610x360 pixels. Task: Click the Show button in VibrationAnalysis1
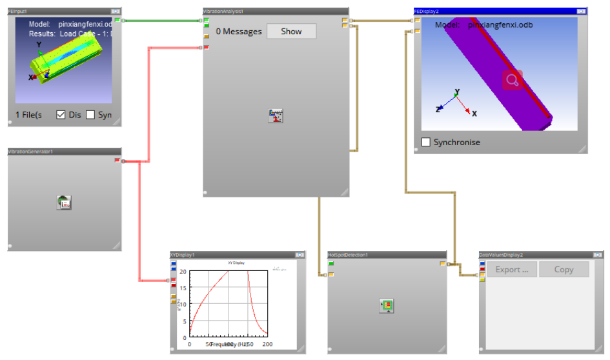pos(291,31)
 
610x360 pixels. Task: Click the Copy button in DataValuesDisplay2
pos(564,270)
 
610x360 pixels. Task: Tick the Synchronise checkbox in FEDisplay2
pos(426,142)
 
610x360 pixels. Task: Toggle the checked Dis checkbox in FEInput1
pos(61,115)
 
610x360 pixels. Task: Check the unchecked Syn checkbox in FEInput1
pos(90,115)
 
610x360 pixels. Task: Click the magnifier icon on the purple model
pos(512,80)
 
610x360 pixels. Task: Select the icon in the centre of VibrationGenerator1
pos(65,203)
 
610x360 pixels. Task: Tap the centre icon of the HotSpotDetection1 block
pos(387,305)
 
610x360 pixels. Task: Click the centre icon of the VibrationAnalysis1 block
pos(276,115)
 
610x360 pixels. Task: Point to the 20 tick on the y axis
pos(183,272)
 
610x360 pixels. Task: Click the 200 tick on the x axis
pos(267,345)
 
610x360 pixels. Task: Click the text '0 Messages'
pos(239,31)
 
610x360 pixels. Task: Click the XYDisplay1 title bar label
pos(182,255)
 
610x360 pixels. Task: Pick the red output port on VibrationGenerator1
pos(117,160)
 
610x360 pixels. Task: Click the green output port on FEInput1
pos(117,20)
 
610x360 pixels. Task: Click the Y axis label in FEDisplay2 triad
pos(457,92)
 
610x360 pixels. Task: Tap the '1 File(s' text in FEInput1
pos(28,115)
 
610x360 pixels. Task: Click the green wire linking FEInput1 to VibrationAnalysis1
pos(161,21)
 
